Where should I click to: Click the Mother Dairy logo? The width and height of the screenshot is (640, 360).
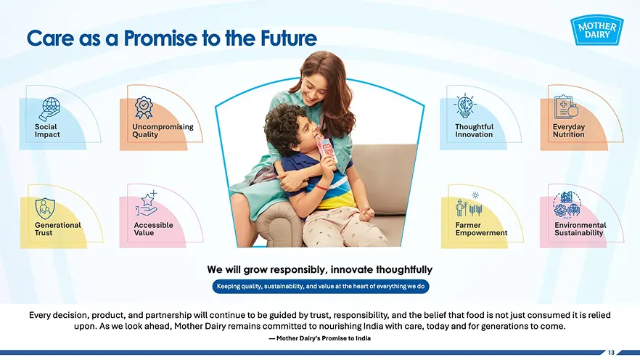tap(599, 31)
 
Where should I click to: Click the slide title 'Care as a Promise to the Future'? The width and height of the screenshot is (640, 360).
tap(171, 38)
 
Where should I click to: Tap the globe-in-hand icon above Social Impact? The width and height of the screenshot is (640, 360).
tap(50, 108)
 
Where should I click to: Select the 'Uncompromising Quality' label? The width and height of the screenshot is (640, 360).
tap(163, 131)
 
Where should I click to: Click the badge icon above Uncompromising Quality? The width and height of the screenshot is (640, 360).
tap(144, 107)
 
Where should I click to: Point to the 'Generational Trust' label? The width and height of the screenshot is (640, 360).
tap(57, 229)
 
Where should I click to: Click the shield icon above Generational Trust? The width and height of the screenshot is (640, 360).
tap(46, 207)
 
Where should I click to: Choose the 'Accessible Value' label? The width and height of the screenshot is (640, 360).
tap(153, 229)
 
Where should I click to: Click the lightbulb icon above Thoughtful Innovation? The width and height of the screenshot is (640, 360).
tap(465, 107)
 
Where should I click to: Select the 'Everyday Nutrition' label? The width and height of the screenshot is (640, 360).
tap(568, 131)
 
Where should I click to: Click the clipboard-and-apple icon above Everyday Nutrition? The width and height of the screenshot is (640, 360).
tap(565, 107)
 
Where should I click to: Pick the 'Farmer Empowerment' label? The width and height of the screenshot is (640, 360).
tap(481, 229)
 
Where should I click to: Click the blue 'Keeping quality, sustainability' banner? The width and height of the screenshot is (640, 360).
tap(320, 287)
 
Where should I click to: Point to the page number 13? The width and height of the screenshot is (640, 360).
tap(611, 353)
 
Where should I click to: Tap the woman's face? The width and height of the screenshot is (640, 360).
tap(312, 85)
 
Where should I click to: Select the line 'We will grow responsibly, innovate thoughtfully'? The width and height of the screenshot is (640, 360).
tap(319, 270)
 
